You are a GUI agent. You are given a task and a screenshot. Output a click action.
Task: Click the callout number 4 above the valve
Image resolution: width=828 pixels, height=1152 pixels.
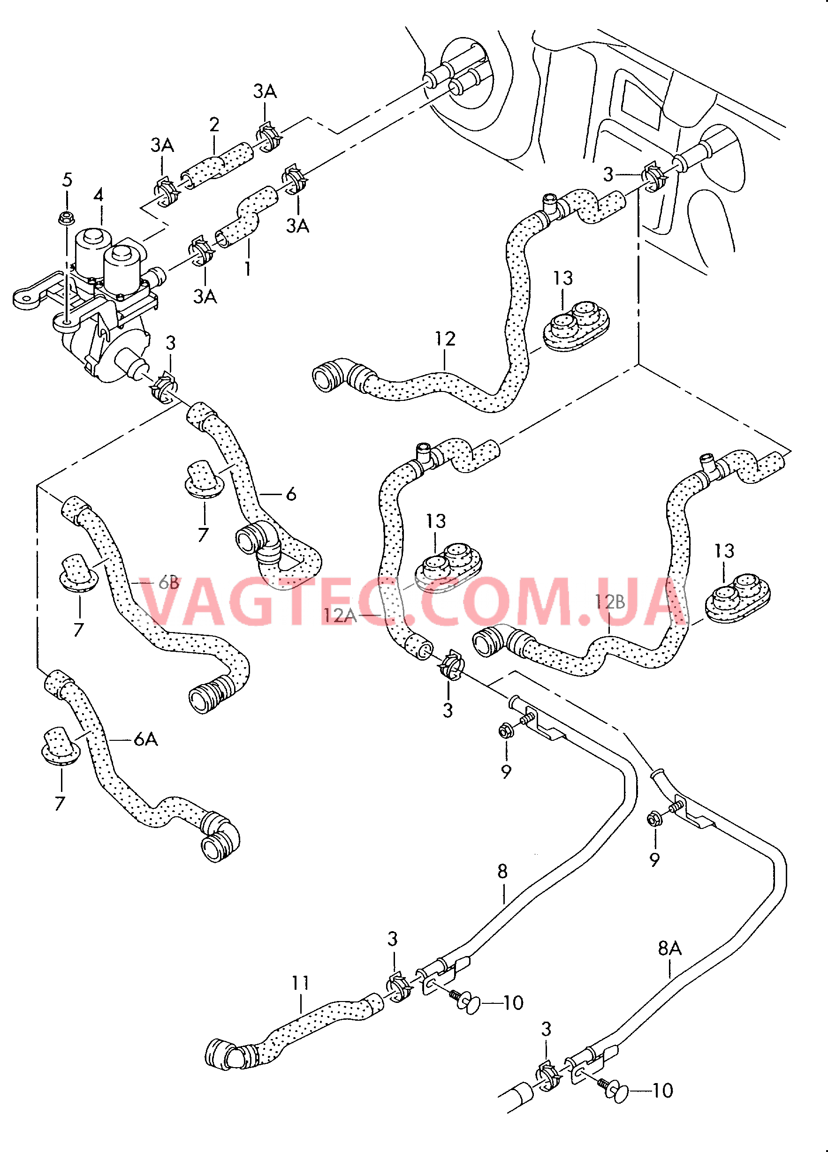(x=99, y=195)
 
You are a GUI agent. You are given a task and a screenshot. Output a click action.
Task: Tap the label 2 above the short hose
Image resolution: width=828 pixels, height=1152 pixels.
(x=214, y=124)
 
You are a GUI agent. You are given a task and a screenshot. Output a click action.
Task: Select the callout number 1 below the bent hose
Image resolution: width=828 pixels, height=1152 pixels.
(x=248, y=269)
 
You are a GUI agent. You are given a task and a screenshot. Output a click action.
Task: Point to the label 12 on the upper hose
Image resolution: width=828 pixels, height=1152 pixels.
(x=445, y=339)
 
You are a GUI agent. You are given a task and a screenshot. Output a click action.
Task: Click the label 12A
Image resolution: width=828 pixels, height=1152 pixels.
(x=340, y=616)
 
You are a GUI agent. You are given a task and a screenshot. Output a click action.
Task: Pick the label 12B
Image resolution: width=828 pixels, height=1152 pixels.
(x=610, y=602)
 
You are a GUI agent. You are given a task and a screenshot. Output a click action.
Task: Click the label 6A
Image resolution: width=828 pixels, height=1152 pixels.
(x=146, y=739)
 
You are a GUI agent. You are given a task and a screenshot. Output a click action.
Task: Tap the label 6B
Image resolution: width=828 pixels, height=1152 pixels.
(x=169, y=583)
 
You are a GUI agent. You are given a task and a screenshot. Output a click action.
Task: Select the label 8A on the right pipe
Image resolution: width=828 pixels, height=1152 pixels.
(x=669, y=948)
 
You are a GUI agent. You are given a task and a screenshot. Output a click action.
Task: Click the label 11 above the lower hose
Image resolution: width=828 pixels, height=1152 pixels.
(x=300, y=983)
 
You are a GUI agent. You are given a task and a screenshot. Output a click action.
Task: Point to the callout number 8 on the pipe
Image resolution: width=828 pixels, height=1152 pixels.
(x=502, y=871)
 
